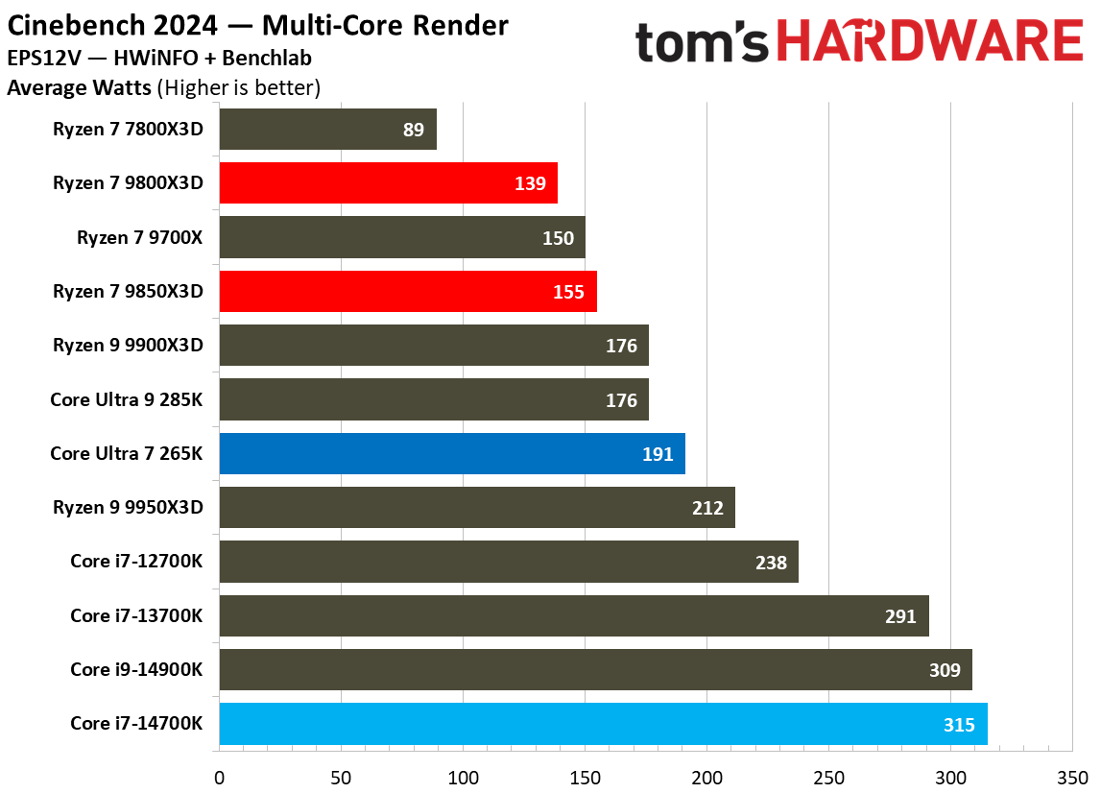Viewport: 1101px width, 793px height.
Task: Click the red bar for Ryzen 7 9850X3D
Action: [x=408, y=291]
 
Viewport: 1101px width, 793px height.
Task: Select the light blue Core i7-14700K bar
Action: [x=603, y=723]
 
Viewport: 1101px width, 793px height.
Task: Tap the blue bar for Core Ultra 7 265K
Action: [x=451, y=453]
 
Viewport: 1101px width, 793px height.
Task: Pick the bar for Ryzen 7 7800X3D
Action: [x=327, y=130]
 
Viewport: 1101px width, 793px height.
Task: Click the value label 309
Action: [x=945, y=669]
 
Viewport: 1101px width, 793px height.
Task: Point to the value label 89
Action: [x=414, y=130]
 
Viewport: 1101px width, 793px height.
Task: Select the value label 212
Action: [x=707, y=508]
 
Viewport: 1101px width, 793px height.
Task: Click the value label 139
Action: [x=530, y=183]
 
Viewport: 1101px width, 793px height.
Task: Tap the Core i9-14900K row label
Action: [x=136, y=669]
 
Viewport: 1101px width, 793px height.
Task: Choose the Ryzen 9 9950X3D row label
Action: [x=129, y=508]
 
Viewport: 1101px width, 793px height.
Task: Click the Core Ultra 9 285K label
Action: [x=127, y=399]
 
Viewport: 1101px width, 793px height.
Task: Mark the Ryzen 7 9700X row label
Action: [x=140, y=237]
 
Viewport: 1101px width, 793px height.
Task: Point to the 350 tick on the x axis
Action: [x=1073, y=777]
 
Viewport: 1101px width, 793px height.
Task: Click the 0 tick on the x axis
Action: [x=220, y=777]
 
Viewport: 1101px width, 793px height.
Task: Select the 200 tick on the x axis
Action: [x=707, y=777]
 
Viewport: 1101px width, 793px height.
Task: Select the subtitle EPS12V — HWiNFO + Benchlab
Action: [x=158, y=59]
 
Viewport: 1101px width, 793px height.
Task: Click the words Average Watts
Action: [x=79, y=88]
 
